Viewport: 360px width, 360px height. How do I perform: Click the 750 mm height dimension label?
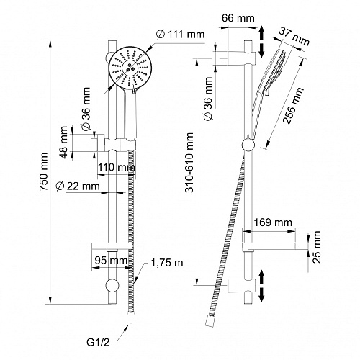point(44,172)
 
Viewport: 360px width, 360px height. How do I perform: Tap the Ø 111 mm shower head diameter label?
point(181,35)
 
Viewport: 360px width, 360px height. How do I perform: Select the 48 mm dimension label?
point(64,143)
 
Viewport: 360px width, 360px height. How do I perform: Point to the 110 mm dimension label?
point(116,167)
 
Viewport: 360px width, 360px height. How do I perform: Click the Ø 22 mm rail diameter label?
point(78,186)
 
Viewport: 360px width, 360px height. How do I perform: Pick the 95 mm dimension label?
point(111,260)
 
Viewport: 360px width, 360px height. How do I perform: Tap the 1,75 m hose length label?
point(167,263)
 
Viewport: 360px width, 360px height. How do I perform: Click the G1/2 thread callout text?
point(98,342)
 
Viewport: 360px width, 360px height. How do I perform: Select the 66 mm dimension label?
point(238,18)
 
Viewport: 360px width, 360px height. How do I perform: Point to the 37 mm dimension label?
point(294,37)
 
